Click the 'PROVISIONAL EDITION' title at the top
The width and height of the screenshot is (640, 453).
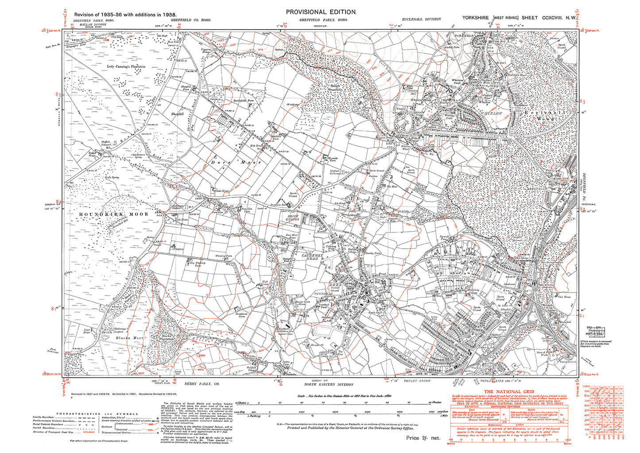coord(321,12)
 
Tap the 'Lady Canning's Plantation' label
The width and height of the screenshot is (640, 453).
coord(126,66)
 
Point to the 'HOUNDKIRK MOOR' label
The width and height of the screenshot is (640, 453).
coord(114,214)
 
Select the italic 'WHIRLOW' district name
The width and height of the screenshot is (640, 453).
coord(490,113)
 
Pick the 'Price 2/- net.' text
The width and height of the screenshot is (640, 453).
coord(423,438)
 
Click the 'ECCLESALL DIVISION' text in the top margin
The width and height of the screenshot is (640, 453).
coord(421,19)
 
